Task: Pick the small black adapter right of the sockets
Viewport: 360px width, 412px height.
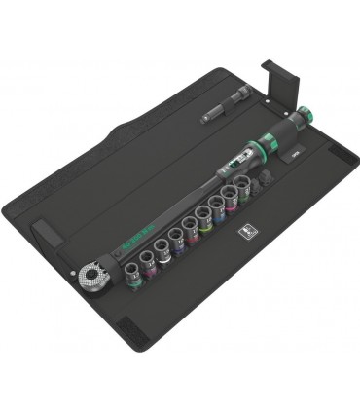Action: coord(265,182)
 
